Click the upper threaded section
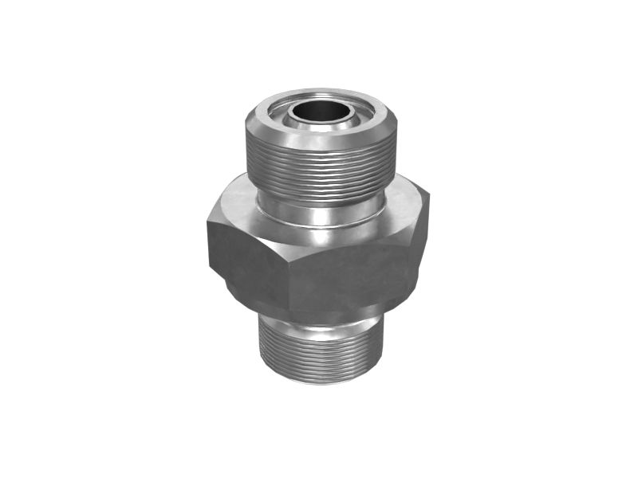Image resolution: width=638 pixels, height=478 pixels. (319, 171)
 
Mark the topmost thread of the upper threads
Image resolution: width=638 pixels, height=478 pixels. (319, 150)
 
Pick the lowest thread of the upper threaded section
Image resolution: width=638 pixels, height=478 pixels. (319, 194)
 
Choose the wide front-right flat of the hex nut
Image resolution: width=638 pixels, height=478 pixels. (351, 275)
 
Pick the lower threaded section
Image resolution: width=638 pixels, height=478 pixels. (319, 351)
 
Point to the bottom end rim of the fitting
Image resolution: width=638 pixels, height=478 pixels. (319, 381)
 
